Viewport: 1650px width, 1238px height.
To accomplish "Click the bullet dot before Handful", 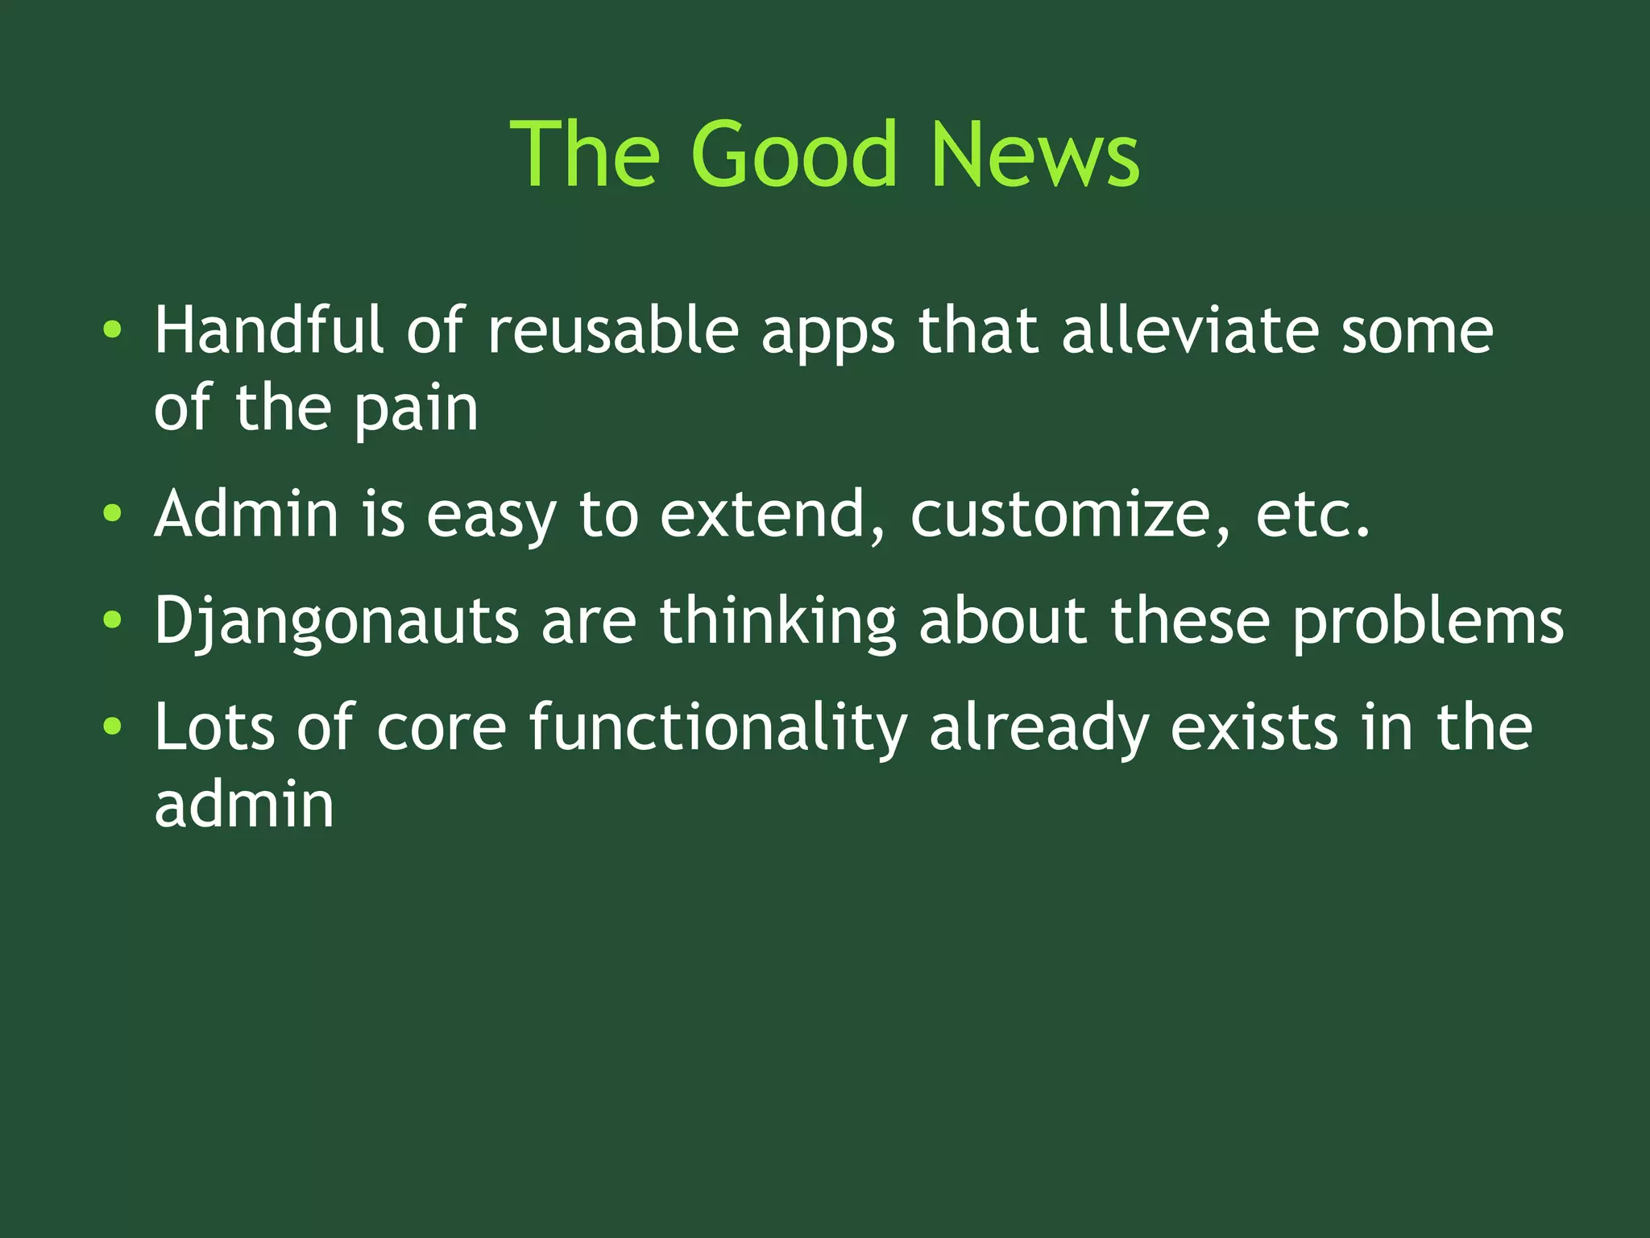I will (113, 329).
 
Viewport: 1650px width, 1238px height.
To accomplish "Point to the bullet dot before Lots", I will (113, 727).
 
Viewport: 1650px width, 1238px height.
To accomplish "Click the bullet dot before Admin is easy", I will (113, 513).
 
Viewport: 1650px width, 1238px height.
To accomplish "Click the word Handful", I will (269, 329).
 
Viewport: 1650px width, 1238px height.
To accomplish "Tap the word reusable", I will (613, 331).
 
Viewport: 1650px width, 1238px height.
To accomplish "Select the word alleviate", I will (1190, 329).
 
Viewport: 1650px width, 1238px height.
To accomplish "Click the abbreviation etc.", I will (1312, 515).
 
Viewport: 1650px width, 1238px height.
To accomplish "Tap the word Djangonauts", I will (337, 622).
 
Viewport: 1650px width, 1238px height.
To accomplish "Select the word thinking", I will (777, 622).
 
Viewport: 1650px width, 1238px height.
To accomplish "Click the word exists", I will (1254, 727).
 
